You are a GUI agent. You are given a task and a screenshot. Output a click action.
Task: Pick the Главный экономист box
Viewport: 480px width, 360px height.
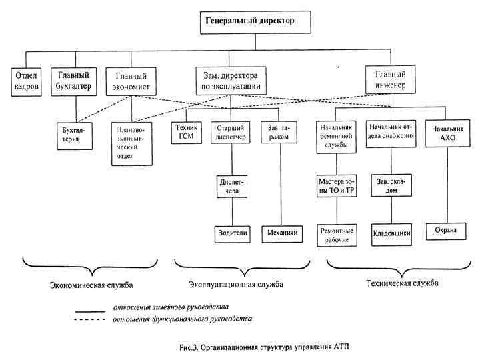point(132,81)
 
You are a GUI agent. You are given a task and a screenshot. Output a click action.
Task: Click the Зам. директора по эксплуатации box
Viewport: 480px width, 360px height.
point(229,79)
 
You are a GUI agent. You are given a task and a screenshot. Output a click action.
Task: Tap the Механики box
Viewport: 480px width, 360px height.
point(280,233)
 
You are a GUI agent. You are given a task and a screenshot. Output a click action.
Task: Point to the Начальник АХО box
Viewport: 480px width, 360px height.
point(446,132)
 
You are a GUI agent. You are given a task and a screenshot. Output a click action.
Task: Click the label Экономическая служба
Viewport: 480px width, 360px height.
point(91,285)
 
